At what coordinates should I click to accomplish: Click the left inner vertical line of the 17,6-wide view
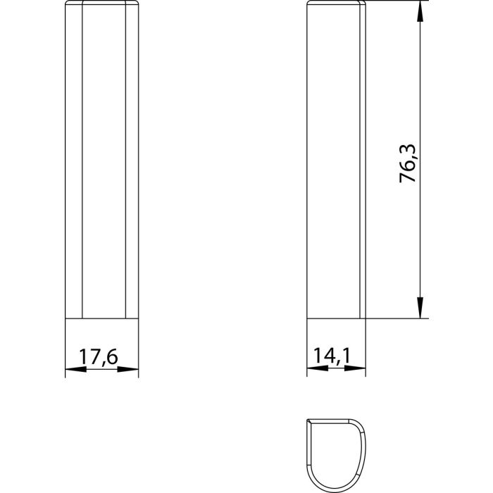point(82,162)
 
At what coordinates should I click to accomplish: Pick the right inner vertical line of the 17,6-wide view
point(125,162)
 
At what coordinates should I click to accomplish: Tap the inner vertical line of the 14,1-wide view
point(361,162)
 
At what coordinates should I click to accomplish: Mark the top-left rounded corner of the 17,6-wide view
point(68,6)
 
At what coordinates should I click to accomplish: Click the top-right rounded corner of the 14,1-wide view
point(365,6)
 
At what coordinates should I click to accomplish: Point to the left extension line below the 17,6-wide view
point(65,349)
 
